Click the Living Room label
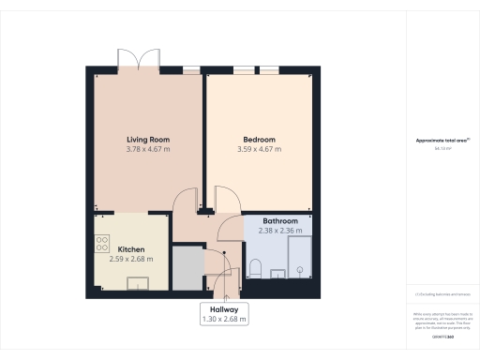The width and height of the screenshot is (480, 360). click(x=148, y=140)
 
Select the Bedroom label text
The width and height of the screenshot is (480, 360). click(x=260, y=140)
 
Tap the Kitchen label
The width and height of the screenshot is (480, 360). click(x=130, y=250)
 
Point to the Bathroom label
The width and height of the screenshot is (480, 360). click(x=280, y=219)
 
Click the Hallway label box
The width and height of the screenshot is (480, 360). click(x=224, y=313)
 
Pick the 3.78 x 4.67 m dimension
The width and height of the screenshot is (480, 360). click(x=148, y=149)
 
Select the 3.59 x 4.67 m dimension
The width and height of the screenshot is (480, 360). click(x=260, y=149)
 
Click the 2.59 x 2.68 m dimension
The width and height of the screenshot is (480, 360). click(x=130, y=259)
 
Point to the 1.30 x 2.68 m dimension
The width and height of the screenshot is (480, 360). click(x=224, y=319)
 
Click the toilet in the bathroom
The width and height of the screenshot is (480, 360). click(x=255, y=270)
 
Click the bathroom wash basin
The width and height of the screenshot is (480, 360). click(x=277, y=274)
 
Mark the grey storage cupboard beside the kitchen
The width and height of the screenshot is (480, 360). click(x=187, y=268)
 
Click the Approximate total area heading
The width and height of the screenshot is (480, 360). click(x=441, y=141)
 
